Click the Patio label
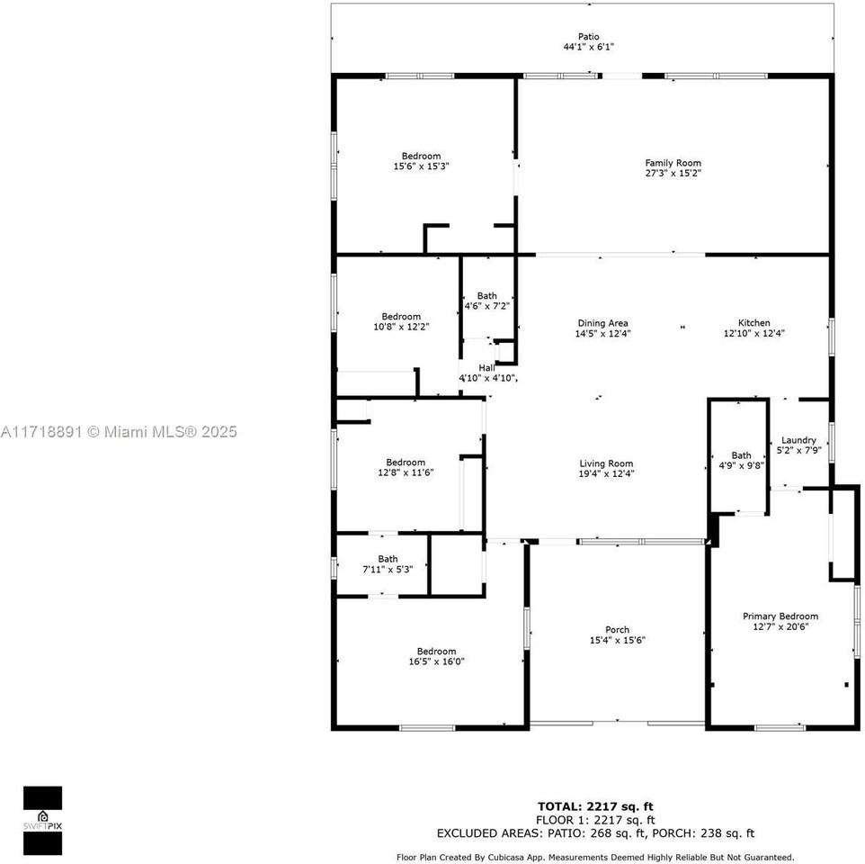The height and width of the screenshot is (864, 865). click(588, 37)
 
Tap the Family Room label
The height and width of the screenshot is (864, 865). click(673, 163)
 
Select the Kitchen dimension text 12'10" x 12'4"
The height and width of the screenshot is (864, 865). click(754, 333)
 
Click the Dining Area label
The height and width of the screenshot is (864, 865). click(602, 323)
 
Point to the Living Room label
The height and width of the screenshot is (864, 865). click(606, 463)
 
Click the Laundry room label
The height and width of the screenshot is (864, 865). click(798, 440)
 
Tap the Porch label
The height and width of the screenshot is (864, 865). click(617, 630)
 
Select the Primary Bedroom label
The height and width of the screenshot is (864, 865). click(780, 616)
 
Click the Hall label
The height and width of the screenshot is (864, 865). click(486, 367)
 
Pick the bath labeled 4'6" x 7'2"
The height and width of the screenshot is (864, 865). click(486, 301)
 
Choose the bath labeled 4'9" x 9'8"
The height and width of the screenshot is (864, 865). click(741, 461)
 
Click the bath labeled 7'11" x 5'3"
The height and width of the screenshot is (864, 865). click(388, 564)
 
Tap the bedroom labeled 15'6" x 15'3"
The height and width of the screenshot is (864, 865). click(421, 161)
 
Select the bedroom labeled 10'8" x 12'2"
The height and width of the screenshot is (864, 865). click(401, 321)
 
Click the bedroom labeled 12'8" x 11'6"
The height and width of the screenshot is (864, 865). click(406, 467)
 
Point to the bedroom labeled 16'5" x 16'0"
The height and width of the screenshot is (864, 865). click(436, 656)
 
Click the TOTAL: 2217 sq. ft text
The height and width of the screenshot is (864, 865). click(595, 806)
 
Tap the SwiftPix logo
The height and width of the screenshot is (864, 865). click(42, 820)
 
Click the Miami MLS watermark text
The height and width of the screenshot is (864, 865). click(119, 432)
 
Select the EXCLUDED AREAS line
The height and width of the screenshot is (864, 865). click(595, 833)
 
